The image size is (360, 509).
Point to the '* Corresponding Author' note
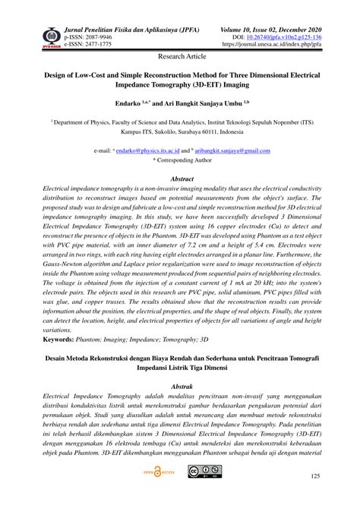[x=179, y=160]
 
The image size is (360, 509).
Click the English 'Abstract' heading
[x=179, y=175]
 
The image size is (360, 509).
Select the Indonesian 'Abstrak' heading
[x=179, y=386]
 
